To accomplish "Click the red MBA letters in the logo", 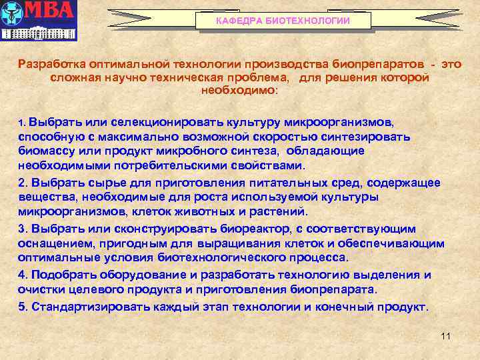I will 50,11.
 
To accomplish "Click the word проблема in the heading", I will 257,77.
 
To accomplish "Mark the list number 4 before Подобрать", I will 22,275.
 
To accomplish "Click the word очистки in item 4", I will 40,289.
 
